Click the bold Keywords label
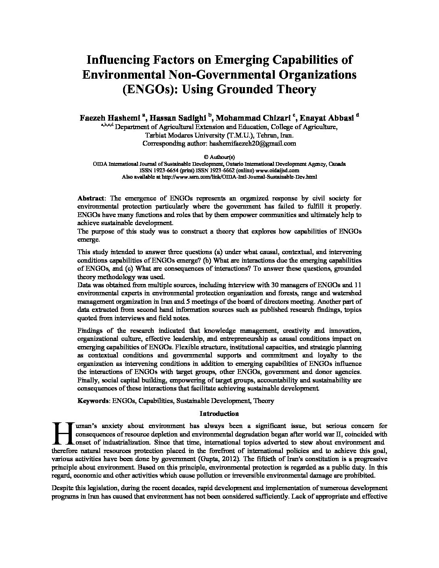(93, 401)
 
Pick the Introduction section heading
(219, 413)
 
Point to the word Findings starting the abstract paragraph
(90, 331)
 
